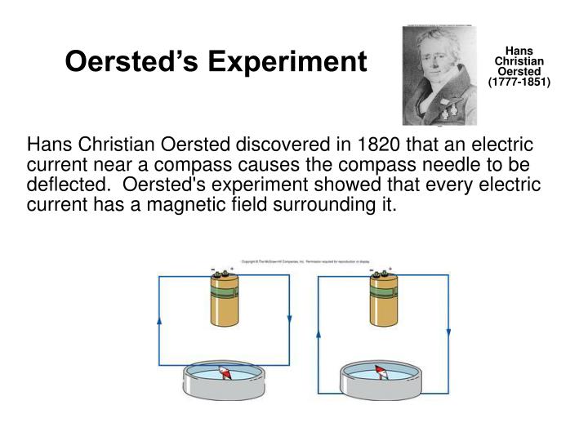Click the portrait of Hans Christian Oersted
point(439,76)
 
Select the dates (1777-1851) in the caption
point(519,82)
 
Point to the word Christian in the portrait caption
point(519,60)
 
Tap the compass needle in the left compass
point(225,375)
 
